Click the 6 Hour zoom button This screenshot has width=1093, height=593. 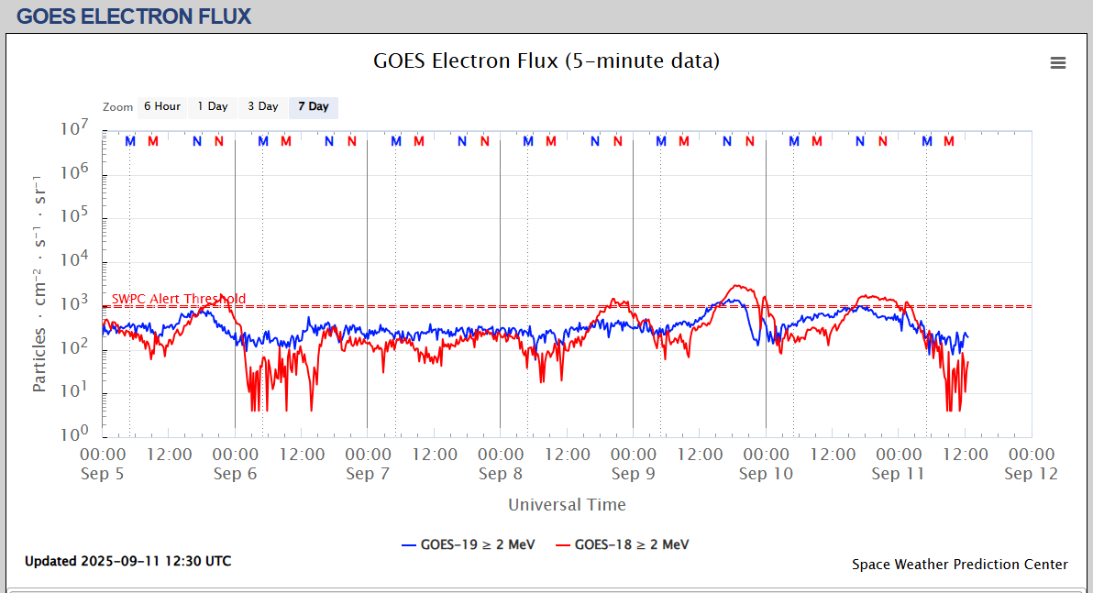click(x=161, y=107)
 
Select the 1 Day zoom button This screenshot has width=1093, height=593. click(x=213, y=107)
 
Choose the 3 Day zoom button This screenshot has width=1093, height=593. click(x=262, y=107)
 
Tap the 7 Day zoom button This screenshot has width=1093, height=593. click(x=313, y=107)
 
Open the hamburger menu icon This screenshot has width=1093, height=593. click(x=1058, y=62)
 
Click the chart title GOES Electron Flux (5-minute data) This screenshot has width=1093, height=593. click(x=546, y=61)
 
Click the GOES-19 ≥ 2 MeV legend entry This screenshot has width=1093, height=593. click(x=469, y=544)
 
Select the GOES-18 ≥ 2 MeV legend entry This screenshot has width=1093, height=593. click(x=623, y=544)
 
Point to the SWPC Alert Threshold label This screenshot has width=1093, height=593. click(x=179, y=299)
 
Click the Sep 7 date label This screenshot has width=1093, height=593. click(x=368, y=474)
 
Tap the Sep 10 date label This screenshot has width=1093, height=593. click(x=766, y=474)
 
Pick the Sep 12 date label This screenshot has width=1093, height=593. click(x=1032, y=474)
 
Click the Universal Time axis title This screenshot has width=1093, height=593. click(x=567, y=505)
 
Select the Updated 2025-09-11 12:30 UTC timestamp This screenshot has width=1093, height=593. click(x=127, y=561)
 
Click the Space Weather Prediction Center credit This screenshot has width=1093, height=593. click(x=959, y=565)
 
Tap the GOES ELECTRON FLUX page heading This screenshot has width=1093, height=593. click(x=134, y=16)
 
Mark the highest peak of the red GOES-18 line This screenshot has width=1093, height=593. click(x=740, y=285)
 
